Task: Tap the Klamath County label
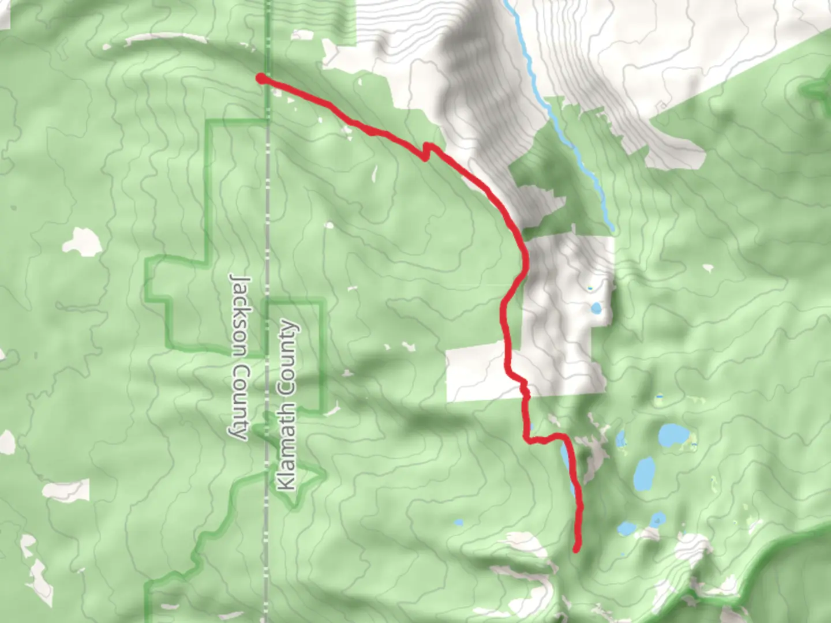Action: coord(287,406)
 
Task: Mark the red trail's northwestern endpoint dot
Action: coord(261,78)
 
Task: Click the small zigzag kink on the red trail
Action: coord(427,152)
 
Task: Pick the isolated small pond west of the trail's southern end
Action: coord(458,523)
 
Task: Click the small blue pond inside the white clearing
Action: coord(596,308)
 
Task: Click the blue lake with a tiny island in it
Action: coord(626,528)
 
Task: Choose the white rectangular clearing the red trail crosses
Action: coord(479,372)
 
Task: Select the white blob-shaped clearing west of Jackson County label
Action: coord(82,241)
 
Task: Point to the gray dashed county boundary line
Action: coord(267,519)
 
